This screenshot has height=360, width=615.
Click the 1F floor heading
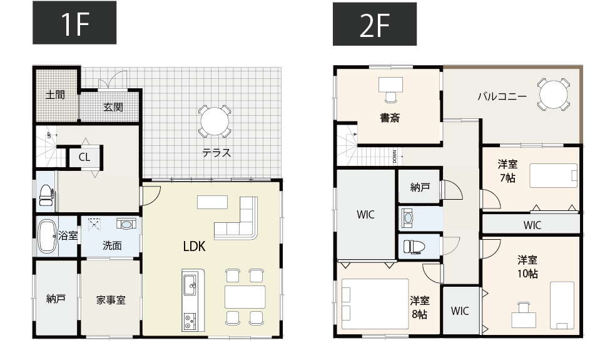point(74,23)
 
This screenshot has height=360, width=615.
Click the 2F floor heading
point(375,24)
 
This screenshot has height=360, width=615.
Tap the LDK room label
point(194,246)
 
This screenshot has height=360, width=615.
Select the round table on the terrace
point(214,121)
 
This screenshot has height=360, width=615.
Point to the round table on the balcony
point(553,94)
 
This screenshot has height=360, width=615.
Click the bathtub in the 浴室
point(47,236)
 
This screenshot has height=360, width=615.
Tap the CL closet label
point(84,157)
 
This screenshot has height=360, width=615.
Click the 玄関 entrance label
point(113,107)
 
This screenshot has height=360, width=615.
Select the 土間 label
point(55,95)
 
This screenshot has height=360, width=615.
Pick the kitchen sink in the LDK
point(190,285)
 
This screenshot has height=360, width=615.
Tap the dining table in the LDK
point(245,297)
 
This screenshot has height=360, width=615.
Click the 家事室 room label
point(111,301)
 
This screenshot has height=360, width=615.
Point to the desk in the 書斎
point(390,85)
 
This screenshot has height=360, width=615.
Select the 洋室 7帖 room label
point(507,171)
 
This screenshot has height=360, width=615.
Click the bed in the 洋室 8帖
point(375,304)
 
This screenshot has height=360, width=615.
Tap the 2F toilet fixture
point(414,247)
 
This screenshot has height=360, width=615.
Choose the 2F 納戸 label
point(420,187)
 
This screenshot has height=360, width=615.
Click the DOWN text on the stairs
point(395,157)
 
